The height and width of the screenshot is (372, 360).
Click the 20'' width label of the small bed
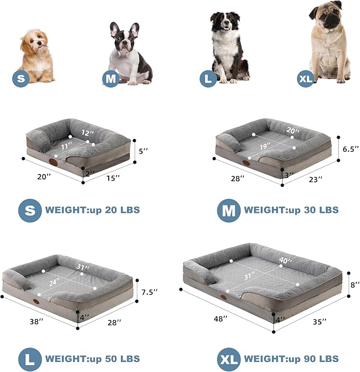pos(44,177)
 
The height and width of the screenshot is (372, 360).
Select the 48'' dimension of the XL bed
pos(219,319)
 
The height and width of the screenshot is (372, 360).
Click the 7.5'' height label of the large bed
pos(149,292)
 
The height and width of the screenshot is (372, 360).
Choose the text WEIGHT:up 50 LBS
pos(93,359)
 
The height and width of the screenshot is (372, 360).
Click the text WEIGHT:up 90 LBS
pos(291,359)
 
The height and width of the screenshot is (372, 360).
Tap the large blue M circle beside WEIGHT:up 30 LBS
pos(229,210)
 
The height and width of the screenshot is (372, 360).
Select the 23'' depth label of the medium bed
pos(316,180)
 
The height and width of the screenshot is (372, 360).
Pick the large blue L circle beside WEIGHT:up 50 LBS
pos(30,359)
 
